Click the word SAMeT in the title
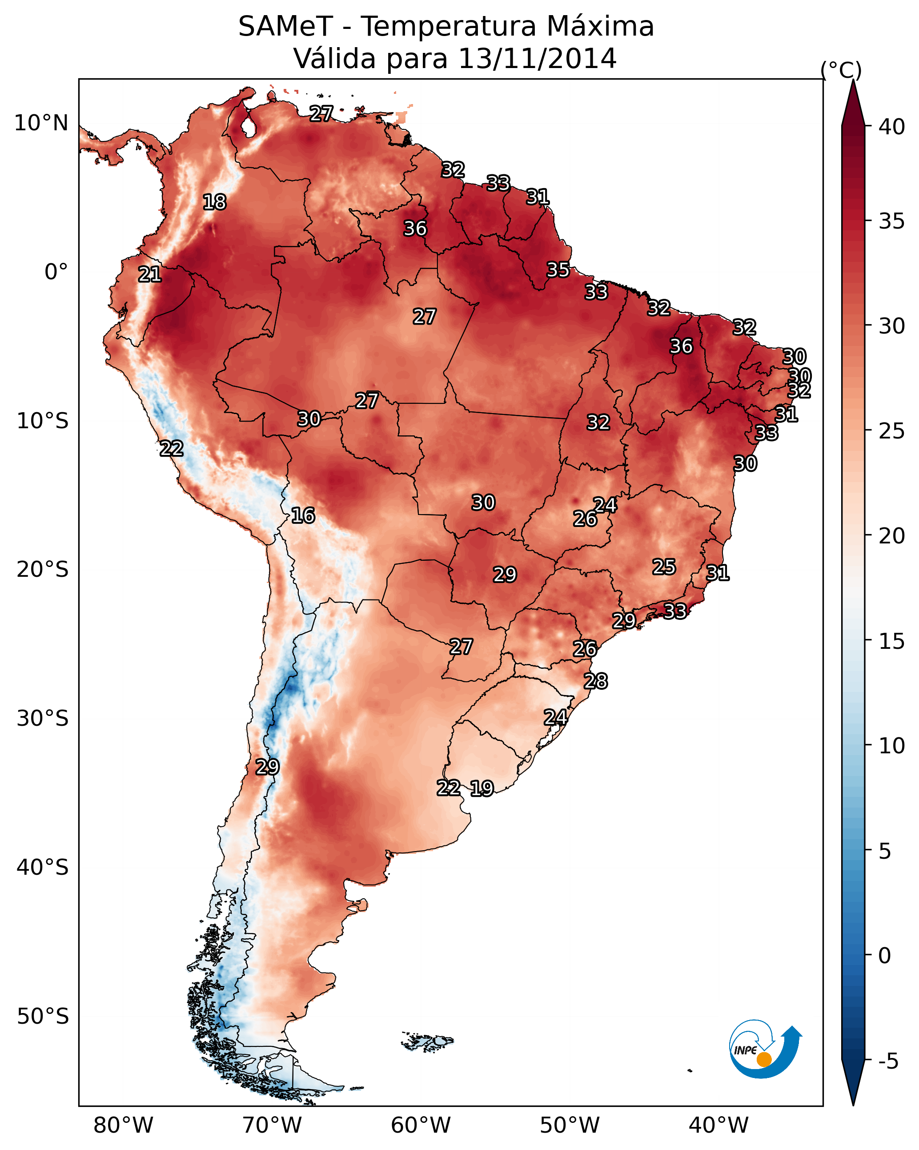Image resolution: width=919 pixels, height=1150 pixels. pos(285,27)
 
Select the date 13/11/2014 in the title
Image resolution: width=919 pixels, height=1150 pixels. pos(537,59)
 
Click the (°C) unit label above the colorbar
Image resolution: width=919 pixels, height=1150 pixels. pos(841,70)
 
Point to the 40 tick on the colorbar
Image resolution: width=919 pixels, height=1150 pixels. pos(892,127)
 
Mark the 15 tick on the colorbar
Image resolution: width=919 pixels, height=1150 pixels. pos(892,641)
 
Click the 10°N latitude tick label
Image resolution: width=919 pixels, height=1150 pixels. pos(41,123)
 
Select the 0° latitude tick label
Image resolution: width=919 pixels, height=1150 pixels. pos(56,272)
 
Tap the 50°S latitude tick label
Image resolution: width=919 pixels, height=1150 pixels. pos(43,1017)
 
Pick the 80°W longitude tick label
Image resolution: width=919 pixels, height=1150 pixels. pos(123,1126)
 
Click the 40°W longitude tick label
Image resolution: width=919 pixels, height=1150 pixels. pos(718,1126)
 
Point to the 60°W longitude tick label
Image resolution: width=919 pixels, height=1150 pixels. pos(421,1126)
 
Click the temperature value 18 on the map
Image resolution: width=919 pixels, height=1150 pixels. pos(214,202)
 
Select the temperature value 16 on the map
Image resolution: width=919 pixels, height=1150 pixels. pos(303,516)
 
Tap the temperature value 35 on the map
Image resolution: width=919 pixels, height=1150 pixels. pos(558,270)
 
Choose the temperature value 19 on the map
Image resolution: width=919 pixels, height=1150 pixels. pos(482,788)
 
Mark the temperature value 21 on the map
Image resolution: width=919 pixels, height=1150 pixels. pos(150,275)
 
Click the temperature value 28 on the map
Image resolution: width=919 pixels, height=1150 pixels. pos(595,681)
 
